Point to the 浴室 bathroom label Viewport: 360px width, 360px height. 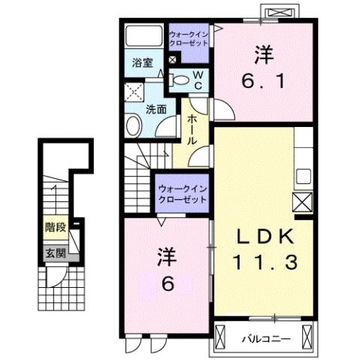143,63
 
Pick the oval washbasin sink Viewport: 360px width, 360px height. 135,126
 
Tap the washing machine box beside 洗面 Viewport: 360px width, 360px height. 135,94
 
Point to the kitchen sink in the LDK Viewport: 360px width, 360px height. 304,175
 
